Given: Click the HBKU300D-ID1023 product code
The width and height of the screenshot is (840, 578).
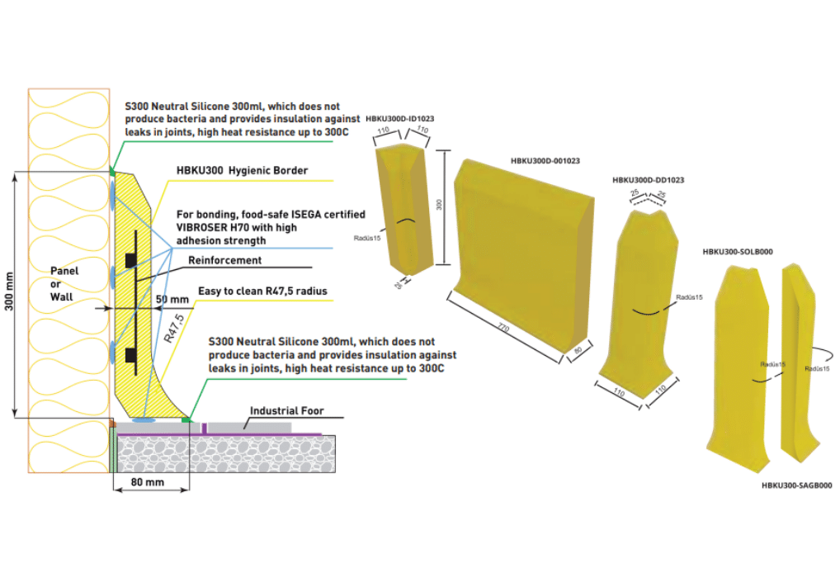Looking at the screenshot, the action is (x=399, y=119).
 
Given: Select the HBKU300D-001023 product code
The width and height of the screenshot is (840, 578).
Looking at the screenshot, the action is (x=545, y=160).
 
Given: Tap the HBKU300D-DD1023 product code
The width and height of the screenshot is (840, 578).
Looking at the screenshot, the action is (x=649, y=180).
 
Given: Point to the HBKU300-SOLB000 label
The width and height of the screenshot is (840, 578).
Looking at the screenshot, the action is (x=738, y=252).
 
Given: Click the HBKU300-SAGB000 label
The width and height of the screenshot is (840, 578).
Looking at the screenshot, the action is (x=796, y=486).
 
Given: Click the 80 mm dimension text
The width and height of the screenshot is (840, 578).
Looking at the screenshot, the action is (x=148, y=482).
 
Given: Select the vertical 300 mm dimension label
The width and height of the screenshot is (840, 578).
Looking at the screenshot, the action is (x=9, y=291).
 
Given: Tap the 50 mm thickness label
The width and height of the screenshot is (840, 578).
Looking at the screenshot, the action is (x=172, y=300).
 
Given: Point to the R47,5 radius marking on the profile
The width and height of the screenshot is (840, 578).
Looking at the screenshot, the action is (x=174, y=328).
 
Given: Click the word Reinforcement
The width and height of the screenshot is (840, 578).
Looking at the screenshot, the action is (x=225, y=261).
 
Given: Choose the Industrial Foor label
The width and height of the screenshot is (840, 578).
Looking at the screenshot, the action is (x=286, y=410).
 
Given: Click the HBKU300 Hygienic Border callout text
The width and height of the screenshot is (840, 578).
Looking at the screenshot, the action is (x=242, y=170).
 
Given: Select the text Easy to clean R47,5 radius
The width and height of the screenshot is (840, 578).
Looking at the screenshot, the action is (x=262, y=291).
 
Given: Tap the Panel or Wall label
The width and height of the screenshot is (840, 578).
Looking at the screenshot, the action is (x=64, y=284).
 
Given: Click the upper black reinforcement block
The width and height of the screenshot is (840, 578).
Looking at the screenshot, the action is (x=130, y=261).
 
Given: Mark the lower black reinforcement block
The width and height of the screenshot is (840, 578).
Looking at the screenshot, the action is (x=130, y=355).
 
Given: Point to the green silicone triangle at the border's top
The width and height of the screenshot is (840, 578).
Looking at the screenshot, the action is (x=112, y=171).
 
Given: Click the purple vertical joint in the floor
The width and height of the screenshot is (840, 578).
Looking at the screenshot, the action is (x=204, y=429).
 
